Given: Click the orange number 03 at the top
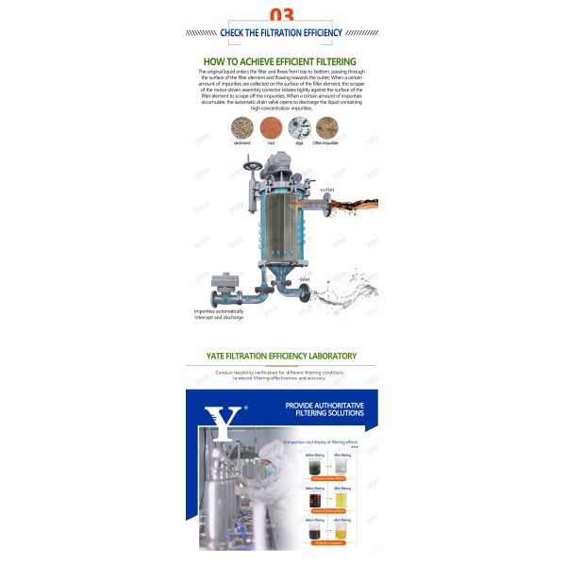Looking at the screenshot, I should [x=282, y=13].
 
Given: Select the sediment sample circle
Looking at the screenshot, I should [x=242, y=127].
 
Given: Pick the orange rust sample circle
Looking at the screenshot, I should [x=271, y=127].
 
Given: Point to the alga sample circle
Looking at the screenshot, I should [x=297, y=127].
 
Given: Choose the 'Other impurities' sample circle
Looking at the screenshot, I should [x=325, y=127].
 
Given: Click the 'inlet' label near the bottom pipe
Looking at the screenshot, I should [x=305, y=279].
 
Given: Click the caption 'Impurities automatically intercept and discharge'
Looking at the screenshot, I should [x=219, y=314].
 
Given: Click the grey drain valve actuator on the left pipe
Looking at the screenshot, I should [x=225, y=281].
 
